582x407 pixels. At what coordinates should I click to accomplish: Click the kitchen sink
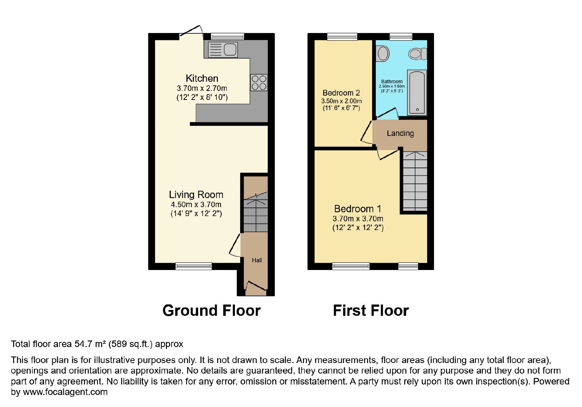tap(223, 49)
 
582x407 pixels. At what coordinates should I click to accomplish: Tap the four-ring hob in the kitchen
tap(259, 82)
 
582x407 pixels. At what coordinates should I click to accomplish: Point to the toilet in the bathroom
tap(418, 54)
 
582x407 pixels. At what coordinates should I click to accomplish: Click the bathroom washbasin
tap(382, 53)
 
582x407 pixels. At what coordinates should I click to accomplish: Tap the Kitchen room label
tap(202, 78)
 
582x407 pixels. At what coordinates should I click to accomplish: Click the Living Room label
tap(196, 195)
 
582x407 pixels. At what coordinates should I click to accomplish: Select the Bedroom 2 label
tap(341, 93)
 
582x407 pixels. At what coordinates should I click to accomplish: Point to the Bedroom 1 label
tap(358, 209)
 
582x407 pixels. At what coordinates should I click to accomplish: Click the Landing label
tap(400, 133)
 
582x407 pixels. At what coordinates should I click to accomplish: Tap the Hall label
tap(257, 260)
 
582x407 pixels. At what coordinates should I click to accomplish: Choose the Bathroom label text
tap(391, 81)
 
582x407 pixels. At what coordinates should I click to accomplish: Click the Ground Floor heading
tap(211, 310)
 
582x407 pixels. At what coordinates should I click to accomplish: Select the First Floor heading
tap(371, 310)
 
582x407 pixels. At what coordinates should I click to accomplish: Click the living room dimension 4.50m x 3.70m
tap(196, 205)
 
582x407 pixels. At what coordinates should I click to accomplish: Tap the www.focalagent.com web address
tap(65, 392)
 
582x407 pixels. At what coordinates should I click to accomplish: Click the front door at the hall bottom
tap(256, 286)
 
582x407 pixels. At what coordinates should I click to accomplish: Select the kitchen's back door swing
tap(191, 31)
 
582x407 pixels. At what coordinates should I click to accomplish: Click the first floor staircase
tap(415, 181)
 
